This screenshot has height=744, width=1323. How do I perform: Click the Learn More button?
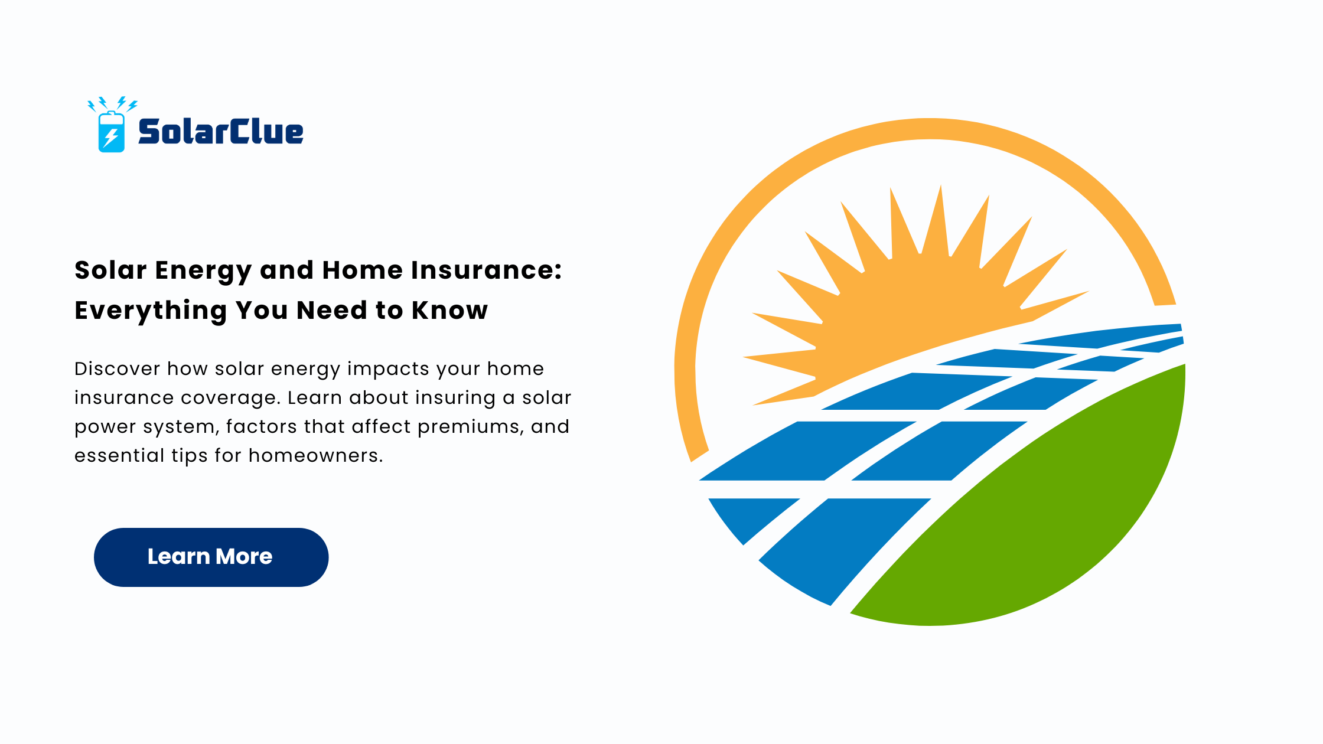tap(211, 557)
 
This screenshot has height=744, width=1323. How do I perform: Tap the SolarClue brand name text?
tap(221, 131)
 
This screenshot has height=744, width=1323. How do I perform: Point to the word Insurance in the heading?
tap(487, 270)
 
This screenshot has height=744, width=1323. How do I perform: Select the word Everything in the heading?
tap(151, 311)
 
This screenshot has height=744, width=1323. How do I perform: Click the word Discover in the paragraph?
tap(117, 368)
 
